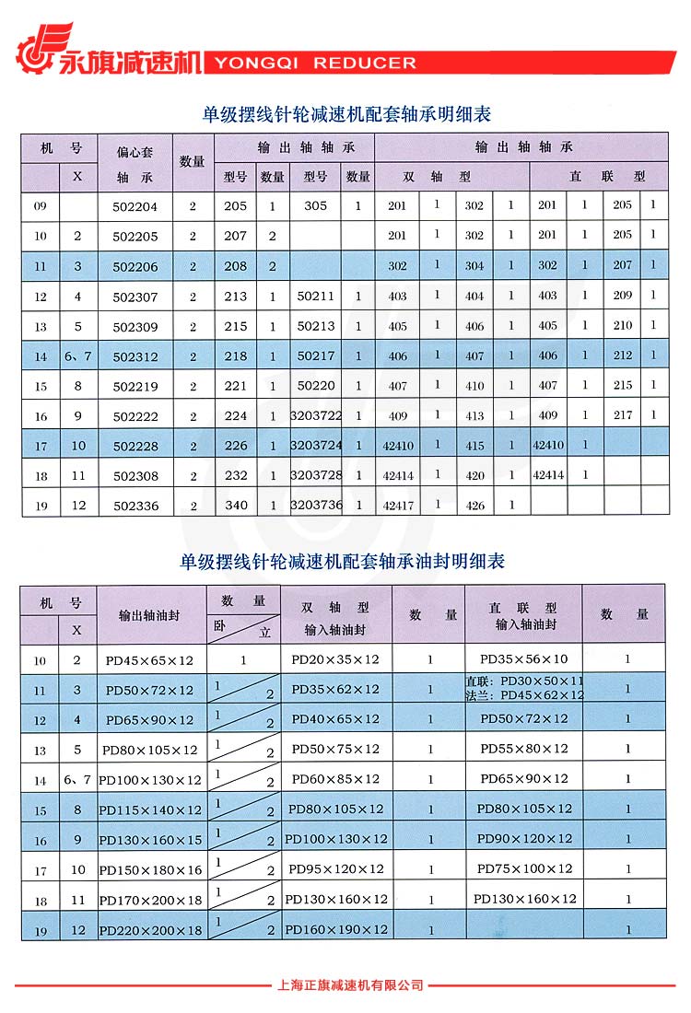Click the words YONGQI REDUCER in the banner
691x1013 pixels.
pyautogui.click(x=315, y=64)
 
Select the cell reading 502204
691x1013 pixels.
pyautogui.click(x=135, y=206)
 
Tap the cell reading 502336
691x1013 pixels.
pyautogui.click(x=135, y=506)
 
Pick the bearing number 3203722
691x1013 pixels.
pyautogui.click(x=316, y=416)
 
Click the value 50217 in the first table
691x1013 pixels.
pyautogui.click(x=316, y=356)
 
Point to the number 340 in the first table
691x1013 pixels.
pyautogui.click(x=236, y=506)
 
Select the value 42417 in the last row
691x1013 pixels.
pyautogui.click(x=398, y=505)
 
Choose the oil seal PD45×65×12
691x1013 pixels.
pyautogui.click(x=150, y=660)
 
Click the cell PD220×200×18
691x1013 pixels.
pyautogui.click(x=150, y=931)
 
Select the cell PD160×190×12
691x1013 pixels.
pyautogui.click(x=336, y=929)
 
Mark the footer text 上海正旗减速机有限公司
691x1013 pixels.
pyautogui.click(x=350, y=985)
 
